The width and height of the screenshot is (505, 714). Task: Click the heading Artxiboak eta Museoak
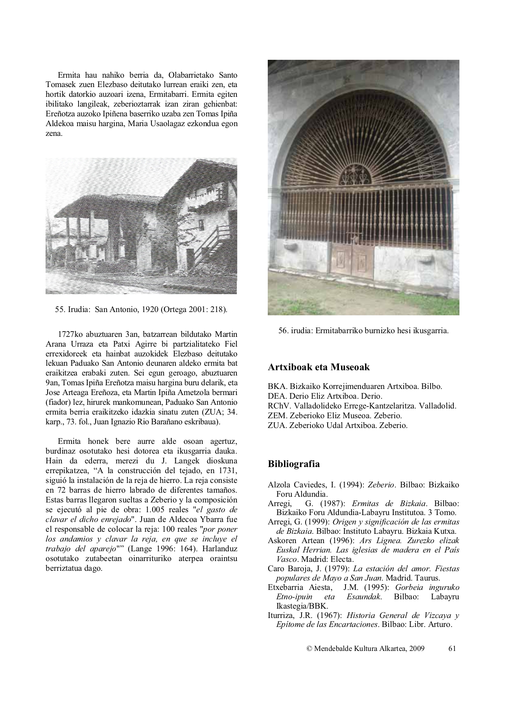click(319, 367)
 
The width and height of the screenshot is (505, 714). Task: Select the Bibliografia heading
click(294, 464)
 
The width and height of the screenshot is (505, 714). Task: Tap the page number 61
click(452, 648)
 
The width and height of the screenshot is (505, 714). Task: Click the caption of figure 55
click(141, 310)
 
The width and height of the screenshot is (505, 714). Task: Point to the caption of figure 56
click(363, 331)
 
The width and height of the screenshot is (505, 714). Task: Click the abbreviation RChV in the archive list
click(278, 406)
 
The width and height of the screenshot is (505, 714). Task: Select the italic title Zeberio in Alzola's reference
click(381, 485)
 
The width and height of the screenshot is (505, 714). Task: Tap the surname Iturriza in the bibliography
click(282, 616)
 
